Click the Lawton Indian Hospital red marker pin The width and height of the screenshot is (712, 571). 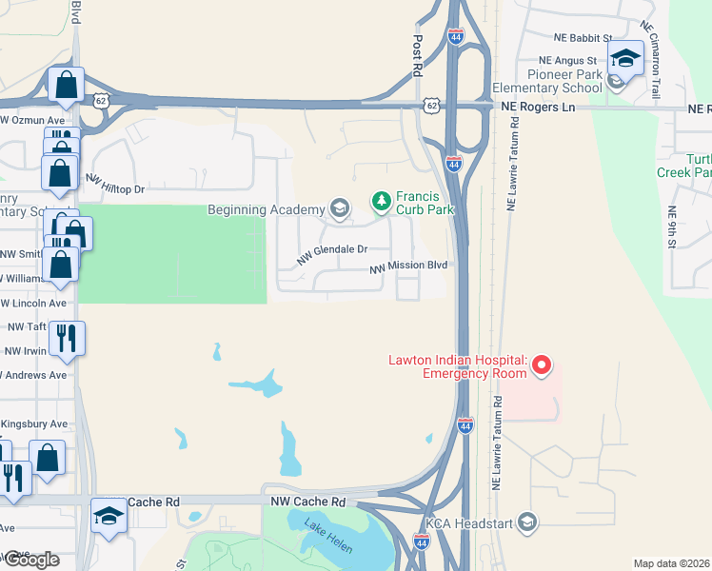coord(542,365)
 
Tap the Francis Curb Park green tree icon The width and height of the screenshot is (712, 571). coord(381,201)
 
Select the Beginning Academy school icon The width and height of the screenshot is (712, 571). coord(339,208)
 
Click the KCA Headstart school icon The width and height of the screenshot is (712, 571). coord(528,522)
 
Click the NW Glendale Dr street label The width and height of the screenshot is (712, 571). coord(331,253)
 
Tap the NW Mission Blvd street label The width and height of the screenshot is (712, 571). coord(408,267)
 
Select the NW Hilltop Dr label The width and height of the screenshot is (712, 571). coord(114,184)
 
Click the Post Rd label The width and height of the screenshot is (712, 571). coord(417,58)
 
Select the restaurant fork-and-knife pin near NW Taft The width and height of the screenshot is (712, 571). coord(66,339)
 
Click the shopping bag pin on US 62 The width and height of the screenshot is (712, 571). coord(66,86)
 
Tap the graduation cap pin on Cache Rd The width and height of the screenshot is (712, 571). coord(109,517)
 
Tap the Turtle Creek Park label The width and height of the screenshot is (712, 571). coord(684,166)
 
